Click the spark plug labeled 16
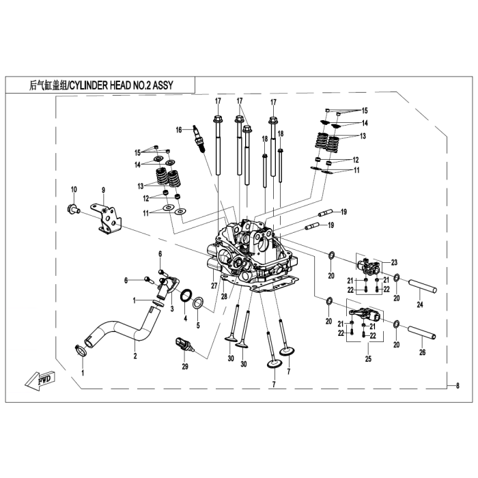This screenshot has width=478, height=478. pyautogui.click(x=199, y=139)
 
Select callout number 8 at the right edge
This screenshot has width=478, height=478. pyautogui.click(x=458, y=386)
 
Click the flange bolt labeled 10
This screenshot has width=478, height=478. pyautogui.click(x=73, y=210)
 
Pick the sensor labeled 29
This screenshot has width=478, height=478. pyautogui.click(x=185, y=345)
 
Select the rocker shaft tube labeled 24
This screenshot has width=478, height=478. pyautogui.click(x=422, y=286)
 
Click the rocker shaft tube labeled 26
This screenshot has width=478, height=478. pyautogui.click(x=421, y=333)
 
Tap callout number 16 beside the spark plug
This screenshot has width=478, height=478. pyautogui.click(x=179, y=130)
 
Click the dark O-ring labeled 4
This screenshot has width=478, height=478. pyautogui.click(x=186, y=296)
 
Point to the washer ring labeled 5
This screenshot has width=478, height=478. pyautogui.click(x=198, y=303)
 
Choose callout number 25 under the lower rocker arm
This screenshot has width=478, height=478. pyautogui.click(x=368, y=358)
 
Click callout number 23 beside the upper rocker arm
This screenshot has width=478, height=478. pyautogui.click(x=394, y=262)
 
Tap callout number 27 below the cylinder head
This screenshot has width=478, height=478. pyautogui.click(x=214, y=285)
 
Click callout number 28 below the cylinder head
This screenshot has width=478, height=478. pyautogui.click(x=224, y=296)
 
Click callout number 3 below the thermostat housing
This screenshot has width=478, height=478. pyautogui.click(x=172, y=309)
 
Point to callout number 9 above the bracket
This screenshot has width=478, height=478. pyautogui.click(x=103, y=191)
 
